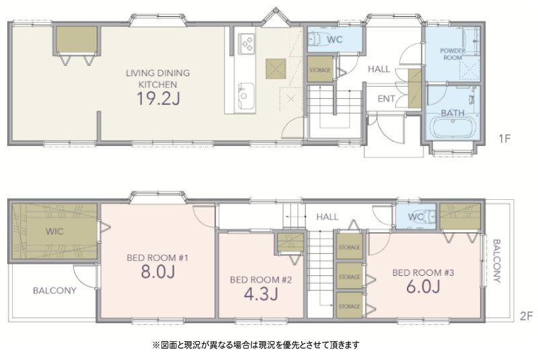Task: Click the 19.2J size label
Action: click(x=158, y=98)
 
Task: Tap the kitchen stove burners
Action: click(x=246, y=44)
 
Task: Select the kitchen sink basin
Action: click(x=246, y=96)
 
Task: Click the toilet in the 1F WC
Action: click(x=315, y=39)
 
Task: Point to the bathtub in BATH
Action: click(x=453, y=127)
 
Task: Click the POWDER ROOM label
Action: click(x=453, y=55)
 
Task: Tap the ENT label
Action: click(x=386, y=99)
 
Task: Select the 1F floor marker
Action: click(x=504, y=139)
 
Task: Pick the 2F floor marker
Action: click(x=527, y=316)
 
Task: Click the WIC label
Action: click(x=54, y=231)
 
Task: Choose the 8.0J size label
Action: click(x=158, y=271)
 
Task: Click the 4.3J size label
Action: click(x=261, y=294)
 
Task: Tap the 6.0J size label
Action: click(x=423, y=286)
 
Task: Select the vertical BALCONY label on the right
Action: click(x=496, y=261)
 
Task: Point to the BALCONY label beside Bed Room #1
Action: click(x=54, y=291)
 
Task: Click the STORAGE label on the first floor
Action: click(x=320, y=70)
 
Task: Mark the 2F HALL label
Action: click(x=328, y=217)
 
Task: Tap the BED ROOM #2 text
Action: click(x=261, y=280)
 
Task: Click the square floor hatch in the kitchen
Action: click(x=276, y=69)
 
